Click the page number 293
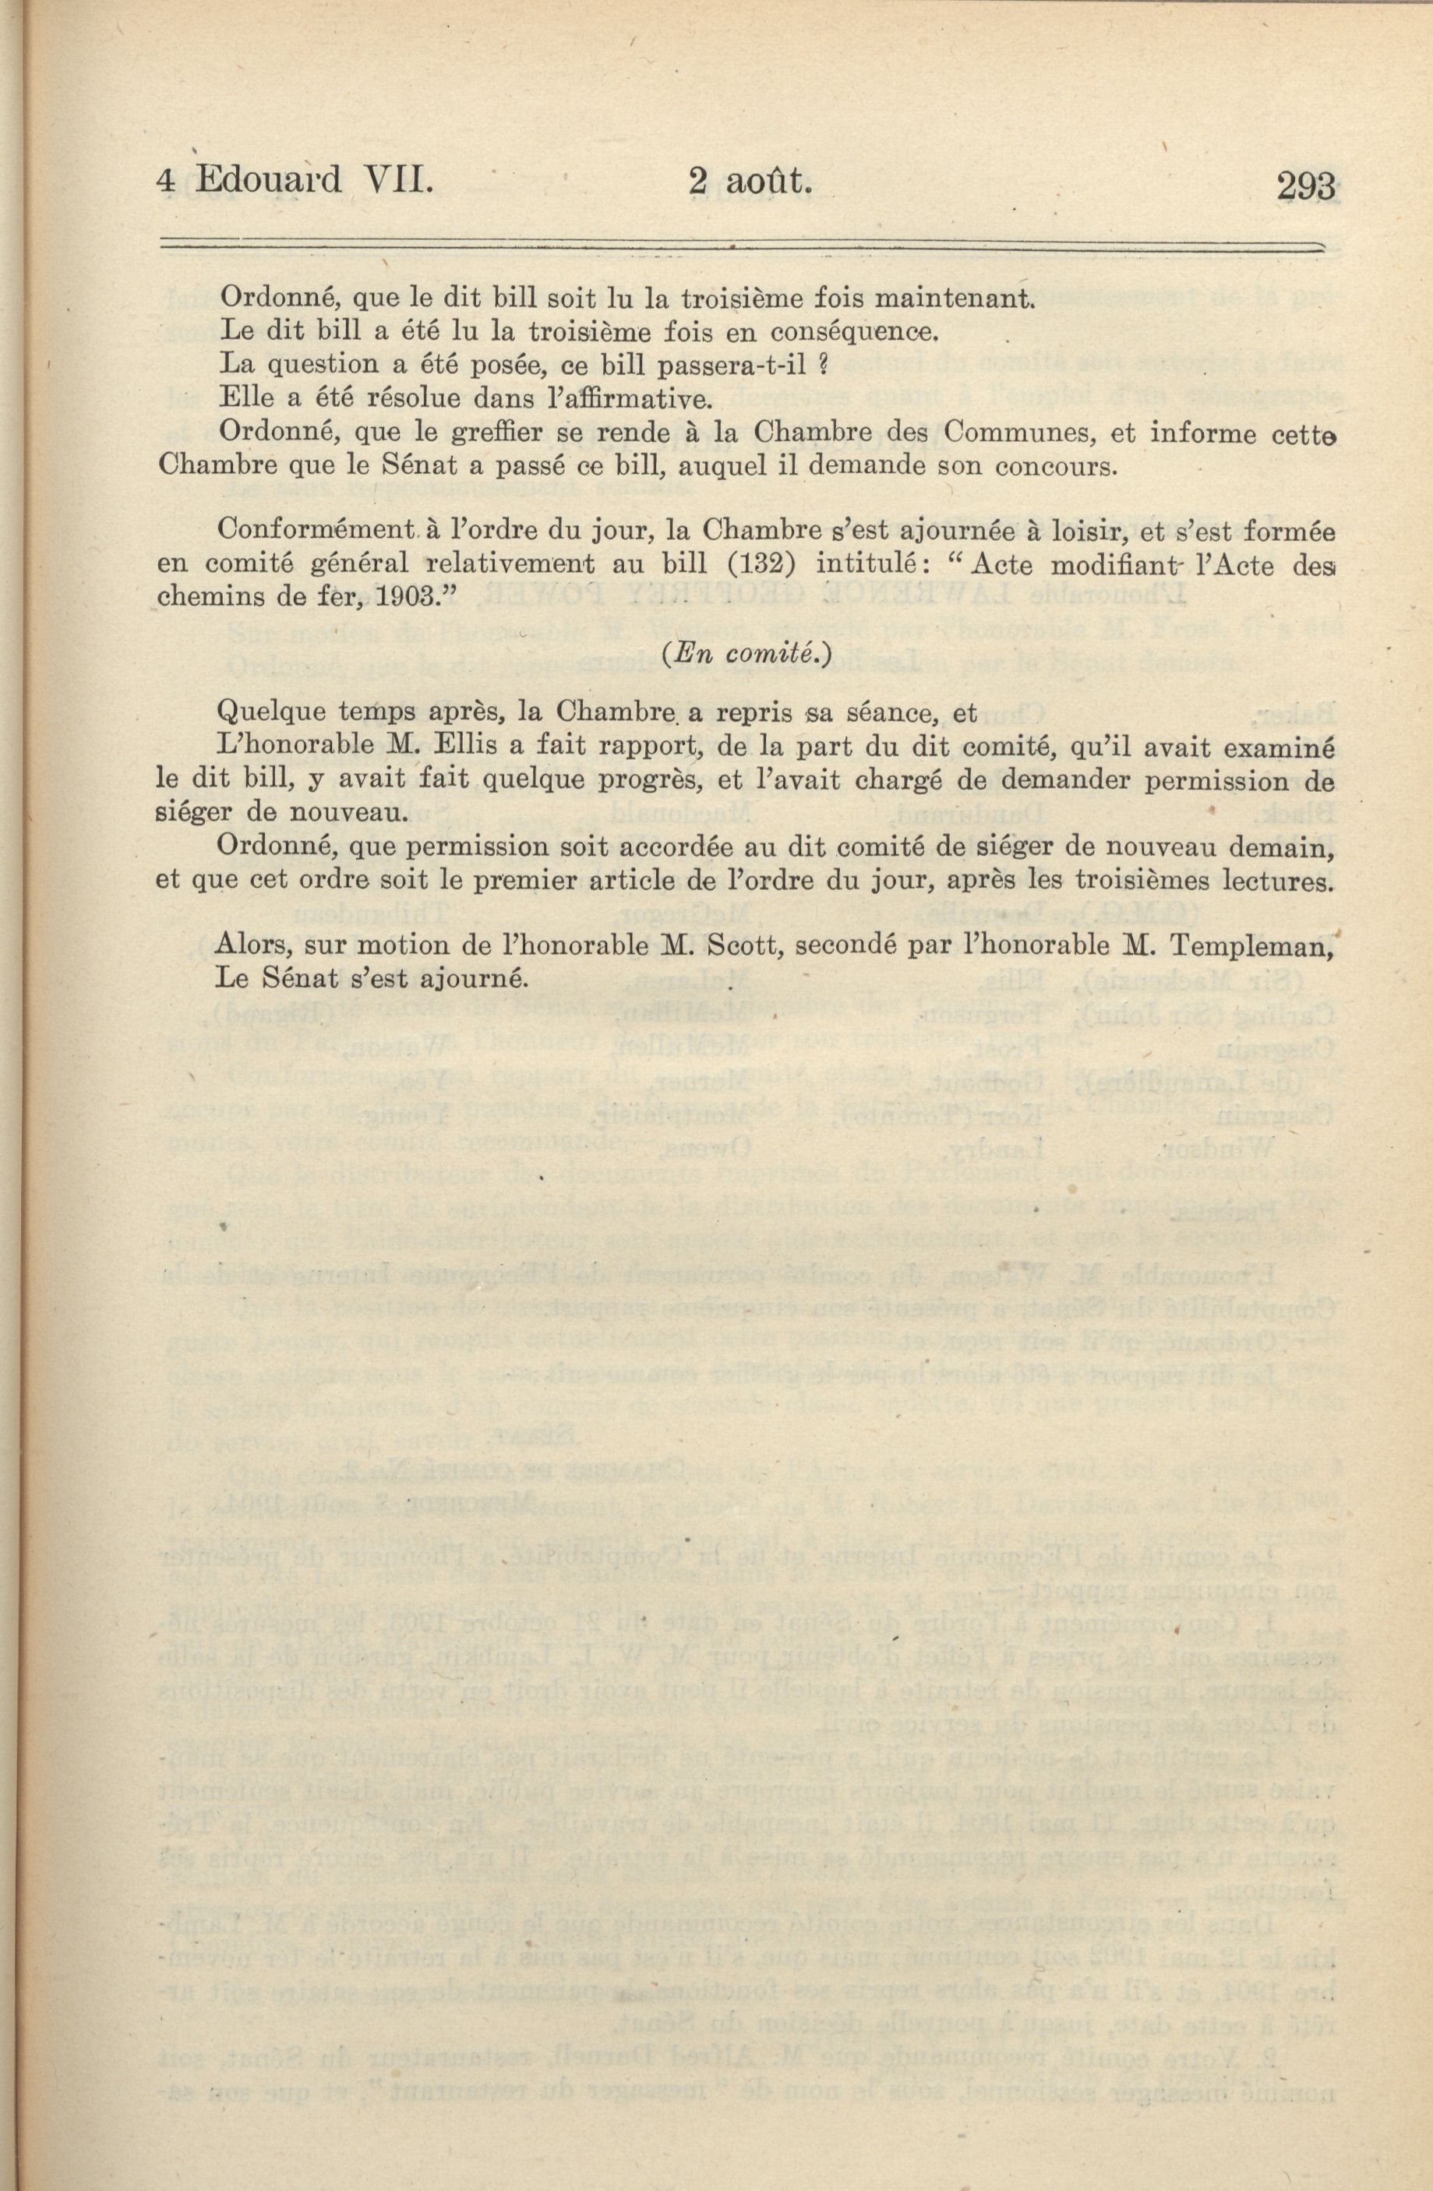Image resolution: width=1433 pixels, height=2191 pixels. point(1305,187)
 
